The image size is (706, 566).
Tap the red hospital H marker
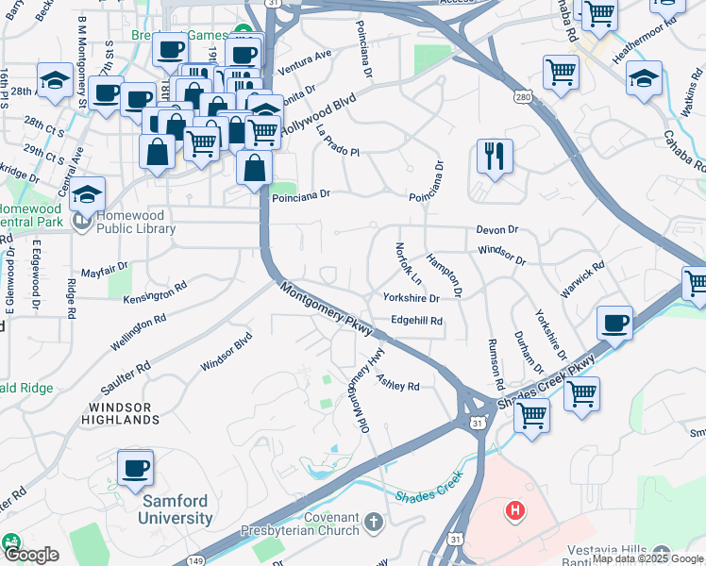[514, 512]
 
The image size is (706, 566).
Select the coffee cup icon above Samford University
[135, 468]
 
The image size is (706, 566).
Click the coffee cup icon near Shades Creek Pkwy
[614, 324]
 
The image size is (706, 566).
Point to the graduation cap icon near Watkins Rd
[644, 78]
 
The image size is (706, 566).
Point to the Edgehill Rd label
[416, 321]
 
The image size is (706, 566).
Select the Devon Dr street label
[497, 229]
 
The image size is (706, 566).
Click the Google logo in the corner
[31, 555]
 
